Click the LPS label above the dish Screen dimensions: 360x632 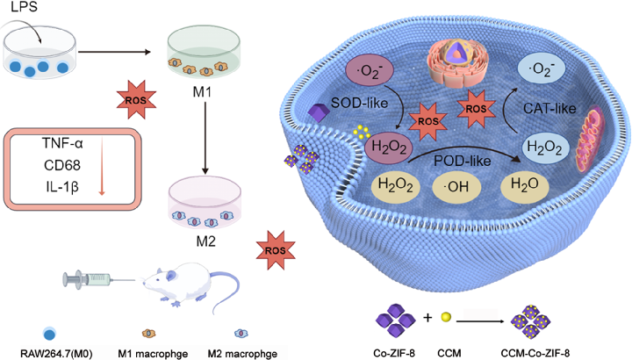coord(25,11)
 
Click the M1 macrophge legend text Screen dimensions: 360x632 coord(156,352)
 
